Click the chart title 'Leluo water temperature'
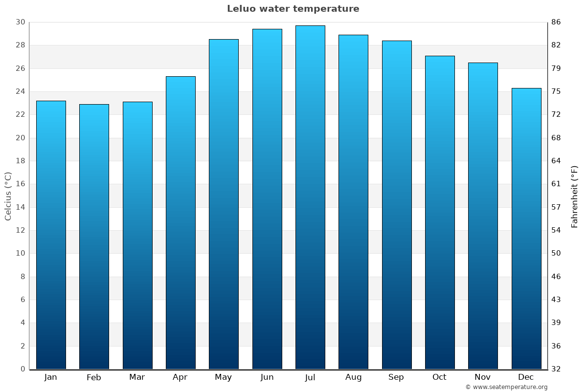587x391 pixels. (293, 9)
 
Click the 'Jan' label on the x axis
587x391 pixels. (51, 377)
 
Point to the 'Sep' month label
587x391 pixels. (396, 377)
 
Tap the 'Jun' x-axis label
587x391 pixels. (267, 377)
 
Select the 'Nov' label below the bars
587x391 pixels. (483, 377)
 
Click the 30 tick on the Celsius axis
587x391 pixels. (20, 22)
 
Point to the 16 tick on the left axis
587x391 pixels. (20, 184)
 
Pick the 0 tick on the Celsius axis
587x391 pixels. (23, 369)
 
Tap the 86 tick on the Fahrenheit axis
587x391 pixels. (556, 22)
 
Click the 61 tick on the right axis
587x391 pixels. (556, 184)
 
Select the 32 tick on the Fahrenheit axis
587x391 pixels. (556, 369)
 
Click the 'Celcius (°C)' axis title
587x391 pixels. (8, 196)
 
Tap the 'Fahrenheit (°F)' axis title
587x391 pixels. (575, 196)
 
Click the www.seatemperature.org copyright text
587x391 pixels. (506, 387)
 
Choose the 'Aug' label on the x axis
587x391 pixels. (353, 377)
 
